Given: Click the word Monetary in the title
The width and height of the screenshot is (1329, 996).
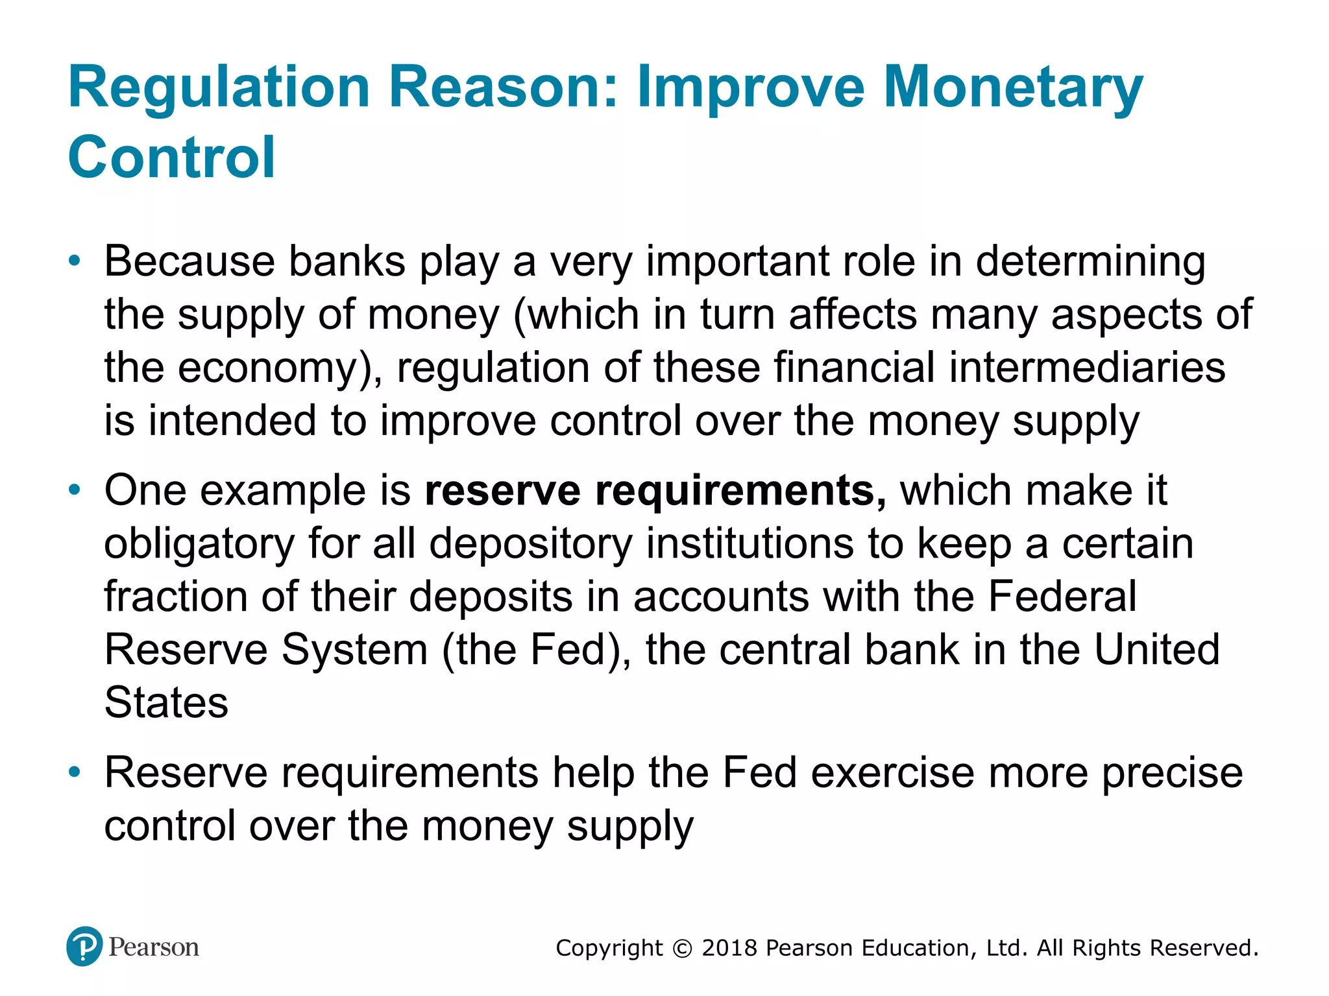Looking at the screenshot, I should pyautogui.click(x=1013, y=89).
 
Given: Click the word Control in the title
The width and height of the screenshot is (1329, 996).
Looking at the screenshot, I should pyautogui.click(x=172, y=158).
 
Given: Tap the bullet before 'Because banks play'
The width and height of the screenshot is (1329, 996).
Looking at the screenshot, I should pyautogui.click(x=75, y=261).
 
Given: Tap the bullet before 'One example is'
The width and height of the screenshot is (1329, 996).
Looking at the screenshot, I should pyautogui.click(x=75, y=490).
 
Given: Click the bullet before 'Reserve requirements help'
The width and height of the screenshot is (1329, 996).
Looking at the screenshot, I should pyautogui.click(x=75, y=772).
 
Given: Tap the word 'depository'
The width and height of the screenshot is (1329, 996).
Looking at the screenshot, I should pyautogui.click(x=530, y=545).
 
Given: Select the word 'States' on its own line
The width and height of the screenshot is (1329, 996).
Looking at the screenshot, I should pyautogui.click(x=166, y=703).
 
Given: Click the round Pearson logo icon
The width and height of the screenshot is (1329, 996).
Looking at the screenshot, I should pyautogui.click(x=84, y=947).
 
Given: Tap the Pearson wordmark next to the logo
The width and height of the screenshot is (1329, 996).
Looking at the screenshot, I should pyautogui.click(x=154, y=947).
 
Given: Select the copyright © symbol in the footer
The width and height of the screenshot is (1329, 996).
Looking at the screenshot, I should pyautogui.click(x=682, y=949).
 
